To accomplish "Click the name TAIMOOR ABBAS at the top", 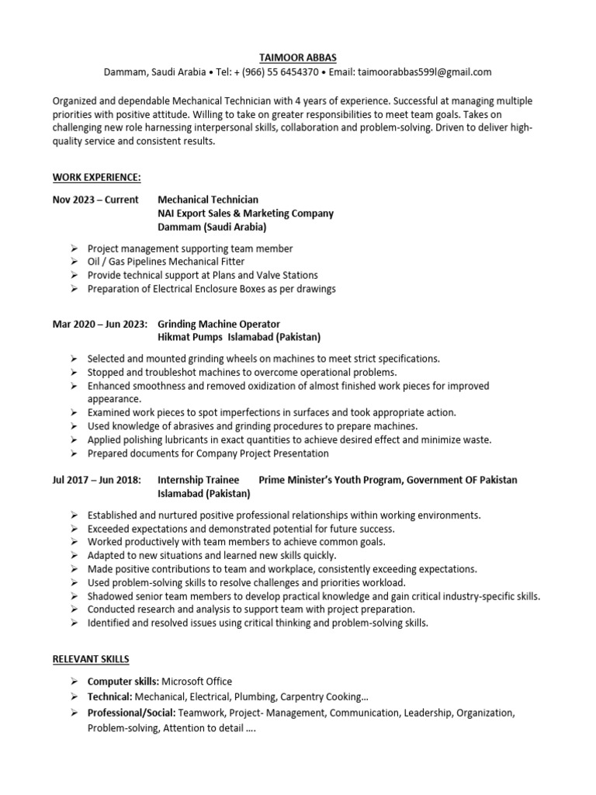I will click(x=298, y=57).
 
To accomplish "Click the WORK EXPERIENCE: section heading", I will click(x=97, y=178).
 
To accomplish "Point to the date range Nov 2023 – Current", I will click(x=95, y=200).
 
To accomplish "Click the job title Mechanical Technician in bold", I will click(x=208, y=200).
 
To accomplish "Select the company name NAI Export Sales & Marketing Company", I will click(x=245, y=214).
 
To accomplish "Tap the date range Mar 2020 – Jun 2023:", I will click(x=100, y=324).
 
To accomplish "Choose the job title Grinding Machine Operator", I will click(x=219, y=324).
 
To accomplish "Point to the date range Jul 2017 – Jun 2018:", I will click(x=97, y=480).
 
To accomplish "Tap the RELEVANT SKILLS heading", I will click(x=91, y=658).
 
